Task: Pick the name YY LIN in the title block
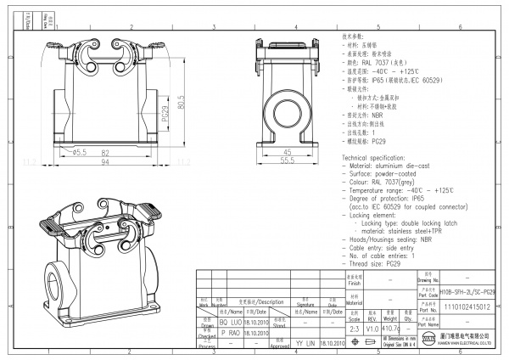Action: coord(303,343)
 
